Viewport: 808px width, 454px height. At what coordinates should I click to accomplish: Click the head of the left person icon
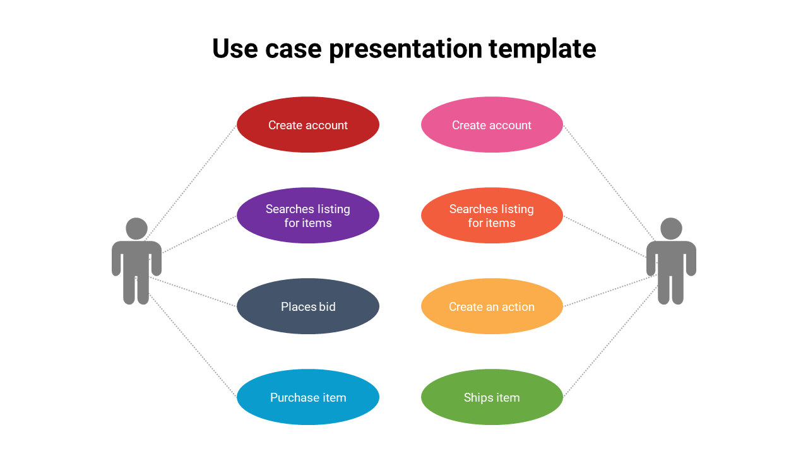(x=136, y=228)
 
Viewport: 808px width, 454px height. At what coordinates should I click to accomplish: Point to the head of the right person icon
(x=671, y=228)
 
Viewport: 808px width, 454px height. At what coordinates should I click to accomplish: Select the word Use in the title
(x=235, y=49)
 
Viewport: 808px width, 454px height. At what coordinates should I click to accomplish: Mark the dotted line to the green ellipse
(x=609, y=343)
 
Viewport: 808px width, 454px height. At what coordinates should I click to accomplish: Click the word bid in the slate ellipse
(x=327, y=307)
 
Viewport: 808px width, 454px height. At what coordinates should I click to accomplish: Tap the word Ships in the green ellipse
(x=478, y=398)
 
